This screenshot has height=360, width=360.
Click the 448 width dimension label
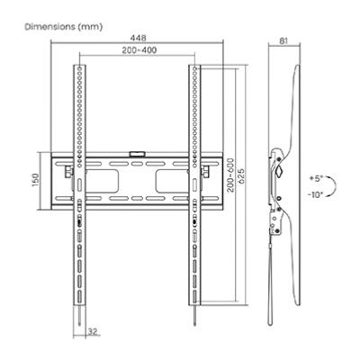[x=139, y=39]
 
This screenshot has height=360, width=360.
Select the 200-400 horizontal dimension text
[x=139, y=50]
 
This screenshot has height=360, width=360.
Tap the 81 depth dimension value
[x=283, y=40]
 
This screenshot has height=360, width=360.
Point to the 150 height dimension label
[x=35, y=181]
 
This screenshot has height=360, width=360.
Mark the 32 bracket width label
[x=93, y=331]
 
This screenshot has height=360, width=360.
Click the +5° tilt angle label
[x=316, y=178]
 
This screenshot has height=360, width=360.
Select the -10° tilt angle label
[x=315, y=194]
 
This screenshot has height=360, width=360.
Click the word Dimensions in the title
[x=49, y=27]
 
